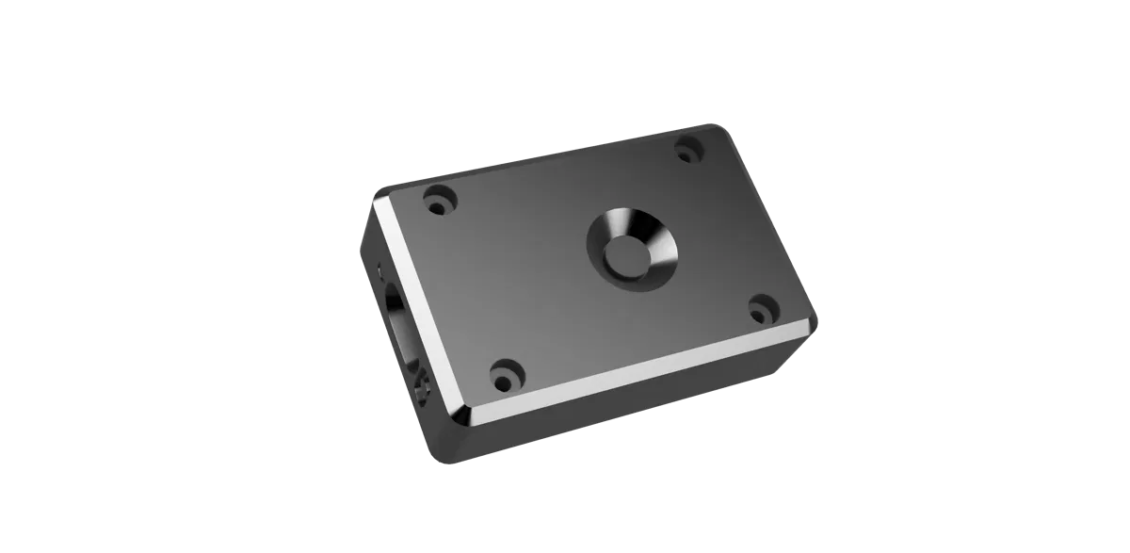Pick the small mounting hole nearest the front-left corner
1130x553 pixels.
tap(506, 373)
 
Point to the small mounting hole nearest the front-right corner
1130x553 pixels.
tap(762, 308)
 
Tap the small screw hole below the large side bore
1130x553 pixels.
tap(421, 384)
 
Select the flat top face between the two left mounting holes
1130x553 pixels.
tap(471, 283)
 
